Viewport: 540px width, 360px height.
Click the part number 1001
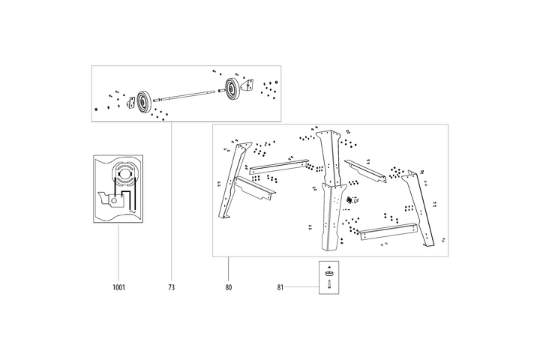click(118, 287)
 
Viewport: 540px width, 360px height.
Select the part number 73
click(171, 287)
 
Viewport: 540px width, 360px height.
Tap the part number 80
click(228, 287)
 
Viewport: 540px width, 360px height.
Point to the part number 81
click(280, 287)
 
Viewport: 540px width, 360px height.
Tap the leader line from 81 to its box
click(303, 287)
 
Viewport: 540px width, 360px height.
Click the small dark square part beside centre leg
click(349, 199)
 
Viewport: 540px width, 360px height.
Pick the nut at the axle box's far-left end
click(98, 109)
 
